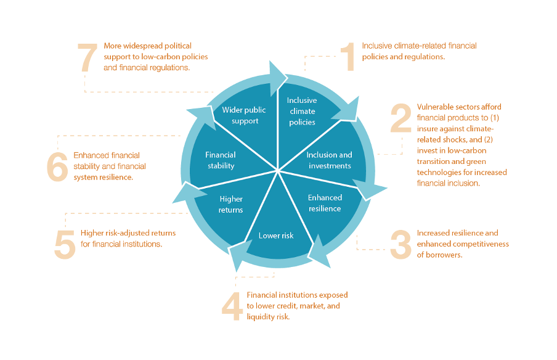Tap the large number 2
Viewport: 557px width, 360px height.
(400, 118)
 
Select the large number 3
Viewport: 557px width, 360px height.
(400, 244)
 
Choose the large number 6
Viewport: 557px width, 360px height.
(57, 166)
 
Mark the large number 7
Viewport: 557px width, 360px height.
(87, 57)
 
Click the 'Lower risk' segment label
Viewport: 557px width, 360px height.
(276, 235)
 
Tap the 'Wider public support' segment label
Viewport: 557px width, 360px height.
(244, 115)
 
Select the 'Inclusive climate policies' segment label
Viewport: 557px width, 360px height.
(302, 111)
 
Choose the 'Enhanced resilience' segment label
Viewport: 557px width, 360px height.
(324, 203)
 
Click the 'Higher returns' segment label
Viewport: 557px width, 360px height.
(231, 204)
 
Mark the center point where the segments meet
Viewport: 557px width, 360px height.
(278, 170)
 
